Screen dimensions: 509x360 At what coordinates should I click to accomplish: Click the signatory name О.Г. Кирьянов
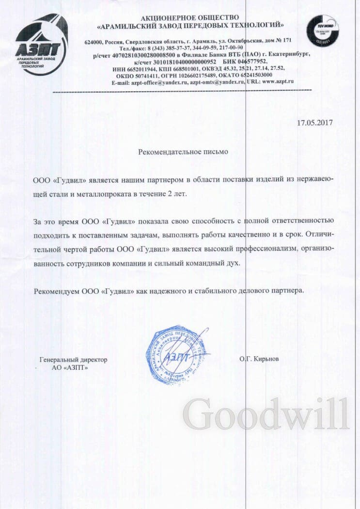259,359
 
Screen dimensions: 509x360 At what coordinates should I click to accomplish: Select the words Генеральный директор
73,360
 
